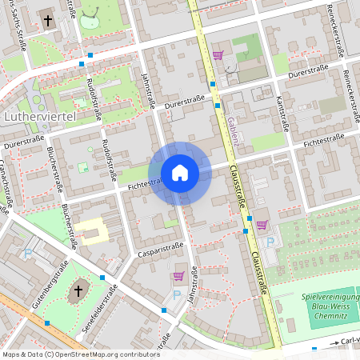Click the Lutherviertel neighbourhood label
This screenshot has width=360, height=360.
39,118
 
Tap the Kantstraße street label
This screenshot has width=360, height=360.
282,112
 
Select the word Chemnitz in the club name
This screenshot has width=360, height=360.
335,315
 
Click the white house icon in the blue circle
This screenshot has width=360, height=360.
180,173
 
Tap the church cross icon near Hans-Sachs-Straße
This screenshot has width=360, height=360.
47,19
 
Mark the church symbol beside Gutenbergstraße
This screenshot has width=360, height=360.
78,289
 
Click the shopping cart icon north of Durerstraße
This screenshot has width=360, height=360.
218,54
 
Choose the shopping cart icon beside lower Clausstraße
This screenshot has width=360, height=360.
262,225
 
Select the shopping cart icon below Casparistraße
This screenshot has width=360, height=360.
178,276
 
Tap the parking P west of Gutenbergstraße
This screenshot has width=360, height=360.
29,253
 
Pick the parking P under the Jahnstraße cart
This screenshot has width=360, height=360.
177,294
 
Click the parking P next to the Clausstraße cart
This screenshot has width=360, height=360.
269,240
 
